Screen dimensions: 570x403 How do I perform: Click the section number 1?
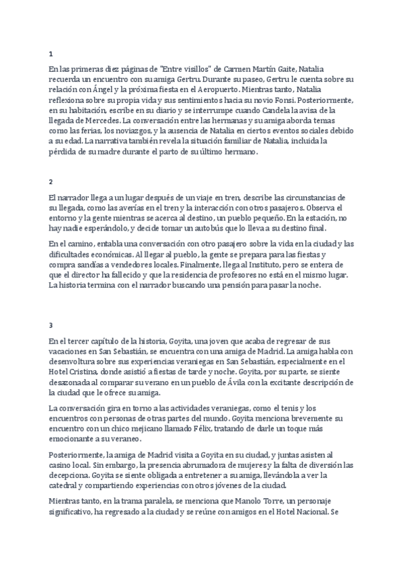pos(51,53)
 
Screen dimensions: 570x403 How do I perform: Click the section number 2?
pos(51,181)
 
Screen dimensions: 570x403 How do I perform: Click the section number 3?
pos(51,325)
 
